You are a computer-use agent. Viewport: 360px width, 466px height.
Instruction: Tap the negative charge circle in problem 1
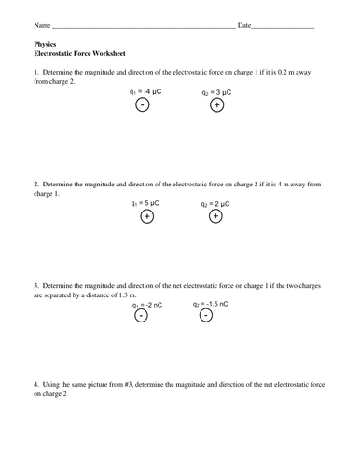point(141,105)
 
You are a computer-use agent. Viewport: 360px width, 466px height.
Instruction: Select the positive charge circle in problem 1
point(216,105)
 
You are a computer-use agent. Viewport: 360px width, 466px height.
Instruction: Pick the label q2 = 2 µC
point(215,203)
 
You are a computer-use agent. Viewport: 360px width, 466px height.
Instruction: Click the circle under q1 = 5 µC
point(146,216)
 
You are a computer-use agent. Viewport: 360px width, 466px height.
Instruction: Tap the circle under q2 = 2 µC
point(215,216)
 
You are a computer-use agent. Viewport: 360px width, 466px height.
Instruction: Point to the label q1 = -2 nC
point(148,304)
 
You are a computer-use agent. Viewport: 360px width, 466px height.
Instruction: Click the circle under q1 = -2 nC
point(141,316)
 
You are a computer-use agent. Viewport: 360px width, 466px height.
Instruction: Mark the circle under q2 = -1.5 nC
point(206,316)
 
